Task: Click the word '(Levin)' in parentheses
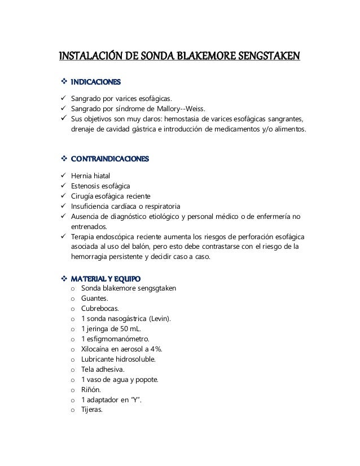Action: (x=161, y=319)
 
